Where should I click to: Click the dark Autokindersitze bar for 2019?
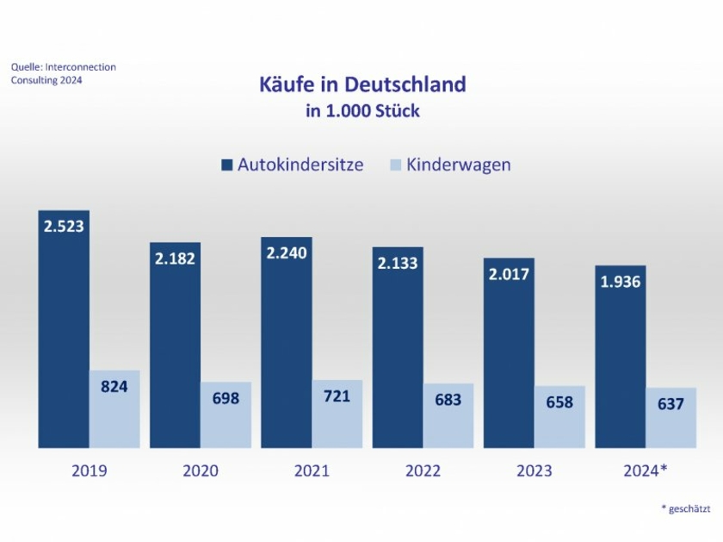click(x=64, y=336)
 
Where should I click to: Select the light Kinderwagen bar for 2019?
click(x=114, y=409)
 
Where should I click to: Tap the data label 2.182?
click(x=176, y=259)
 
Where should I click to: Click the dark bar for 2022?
click(x=398, y=353)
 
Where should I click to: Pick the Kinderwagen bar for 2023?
click(x=559, y=417)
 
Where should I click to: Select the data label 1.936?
click(x=621, y=281)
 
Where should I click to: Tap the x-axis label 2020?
click(x=201, y=470)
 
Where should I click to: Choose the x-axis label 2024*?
click(x=646, y=470)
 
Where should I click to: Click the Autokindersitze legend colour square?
click(x=227, y=165)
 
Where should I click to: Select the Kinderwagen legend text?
click(x=458, y=165)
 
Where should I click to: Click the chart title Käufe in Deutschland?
click(x=362, y=84)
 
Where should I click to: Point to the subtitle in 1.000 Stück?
click(x=362, y=111)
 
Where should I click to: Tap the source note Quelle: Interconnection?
click(x=63, y=67)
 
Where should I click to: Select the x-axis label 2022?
click(x=423, y=470)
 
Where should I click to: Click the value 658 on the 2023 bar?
click(x=559, y=402)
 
